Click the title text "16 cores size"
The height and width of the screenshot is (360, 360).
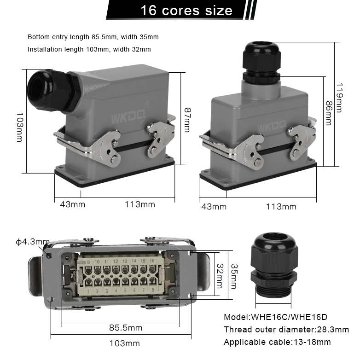[x=186, y=10]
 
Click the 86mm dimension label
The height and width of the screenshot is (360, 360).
[x=328, y=113]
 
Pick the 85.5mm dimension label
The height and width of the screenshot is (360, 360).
[x=126, y=328]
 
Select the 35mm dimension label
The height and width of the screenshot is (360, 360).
[x=234, y=276]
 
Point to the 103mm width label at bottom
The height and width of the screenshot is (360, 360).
[x=124, y=343]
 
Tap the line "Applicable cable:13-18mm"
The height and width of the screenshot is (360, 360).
[x=277, y=342]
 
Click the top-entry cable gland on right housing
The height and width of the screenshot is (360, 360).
[x=261, y=60]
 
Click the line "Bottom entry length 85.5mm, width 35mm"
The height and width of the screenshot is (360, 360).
[x=93, y=37]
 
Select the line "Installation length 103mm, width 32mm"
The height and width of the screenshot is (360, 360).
[x=89, y=49]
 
